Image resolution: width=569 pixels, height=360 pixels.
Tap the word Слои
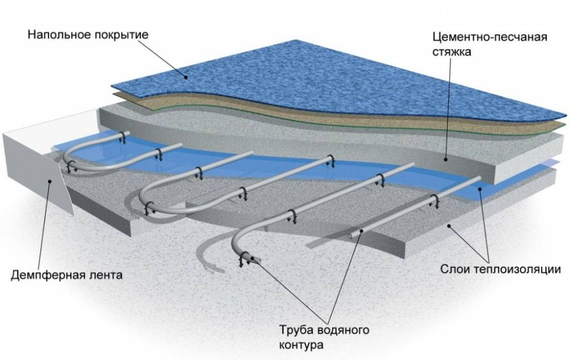(454, 268)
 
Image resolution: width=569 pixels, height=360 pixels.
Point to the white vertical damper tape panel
(34, 171)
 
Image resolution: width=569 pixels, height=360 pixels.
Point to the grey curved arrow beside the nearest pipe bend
(208, 256)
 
